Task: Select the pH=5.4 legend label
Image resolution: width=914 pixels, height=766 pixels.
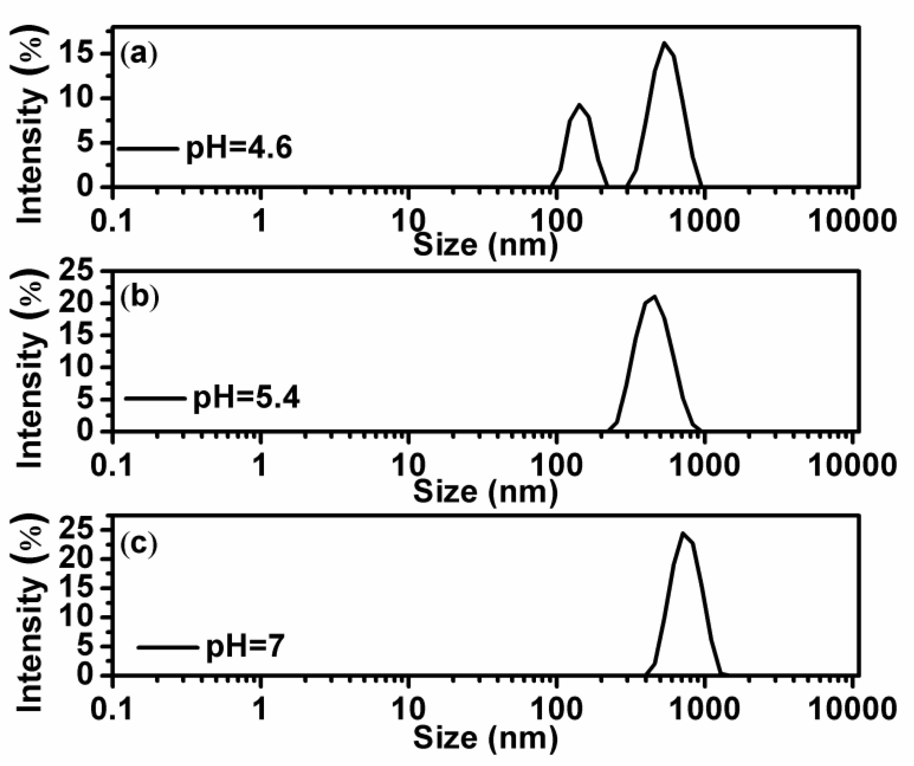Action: [247, 398]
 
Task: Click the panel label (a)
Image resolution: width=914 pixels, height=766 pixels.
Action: [138, 55]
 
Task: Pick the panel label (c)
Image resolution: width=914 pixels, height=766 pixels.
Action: [138, 544]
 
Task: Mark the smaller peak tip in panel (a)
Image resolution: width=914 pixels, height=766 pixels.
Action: [579, 104]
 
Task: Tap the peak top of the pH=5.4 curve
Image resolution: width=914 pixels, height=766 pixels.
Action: [653, 297]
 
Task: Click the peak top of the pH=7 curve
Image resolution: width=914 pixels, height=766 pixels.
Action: [682, 533]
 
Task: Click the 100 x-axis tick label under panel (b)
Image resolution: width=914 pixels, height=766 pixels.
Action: [556, 465]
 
